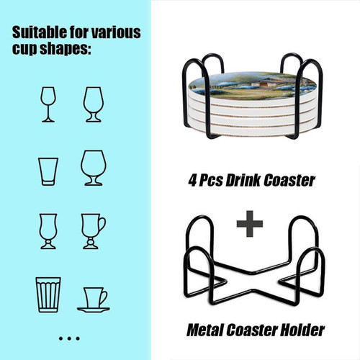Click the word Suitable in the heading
tap(40, 32)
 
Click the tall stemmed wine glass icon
tap(48, 104)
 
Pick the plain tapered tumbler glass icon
tap(48, 171)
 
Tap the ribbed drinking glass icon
tap(48, 294)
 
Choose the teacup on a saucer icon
tap(94, 300)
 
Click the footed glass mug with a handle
tap(93, 231)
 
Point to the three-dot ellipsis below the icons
tap(69, 338)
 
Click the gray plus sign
tap(250, 224)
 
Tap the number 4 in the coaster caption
tap(192, 181)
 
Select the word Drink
tap(243, 180)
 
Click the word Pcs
tap(211, 181)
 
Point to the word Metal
tap(205, 330)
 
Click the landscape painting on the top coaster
tap(252, 86)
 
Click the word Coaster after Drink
tap(289, 180)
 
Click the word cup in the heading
tap(25, 49)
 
